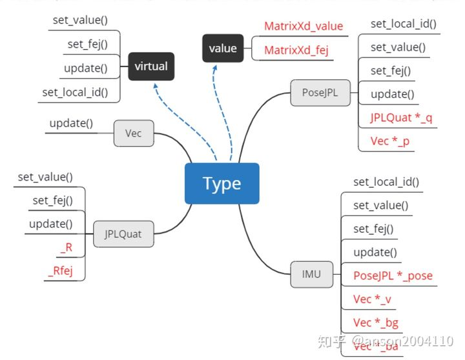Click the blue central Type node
click(x=222, y=184)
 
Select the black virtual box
click(x=150, y=66)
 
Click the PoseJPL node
click(x=320, y=92)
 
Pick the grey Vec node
click(x=134, y=133)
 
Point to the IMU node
click(x=311, y=274)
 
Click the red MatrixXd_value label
click(x=303, y=26)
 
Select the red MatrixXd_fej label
click(x=296, y=50)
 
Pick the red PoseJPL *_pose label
click(x=393, y=275)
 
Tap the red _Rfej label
click(x=60, y=270)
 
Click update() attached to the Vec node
click(x=71, y=123)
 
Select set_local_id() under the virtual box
click(x=75, y=92)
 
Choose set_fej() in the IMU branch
click(x=373, y=228)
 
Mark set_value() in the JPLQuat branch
click(x=45, y=177)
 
